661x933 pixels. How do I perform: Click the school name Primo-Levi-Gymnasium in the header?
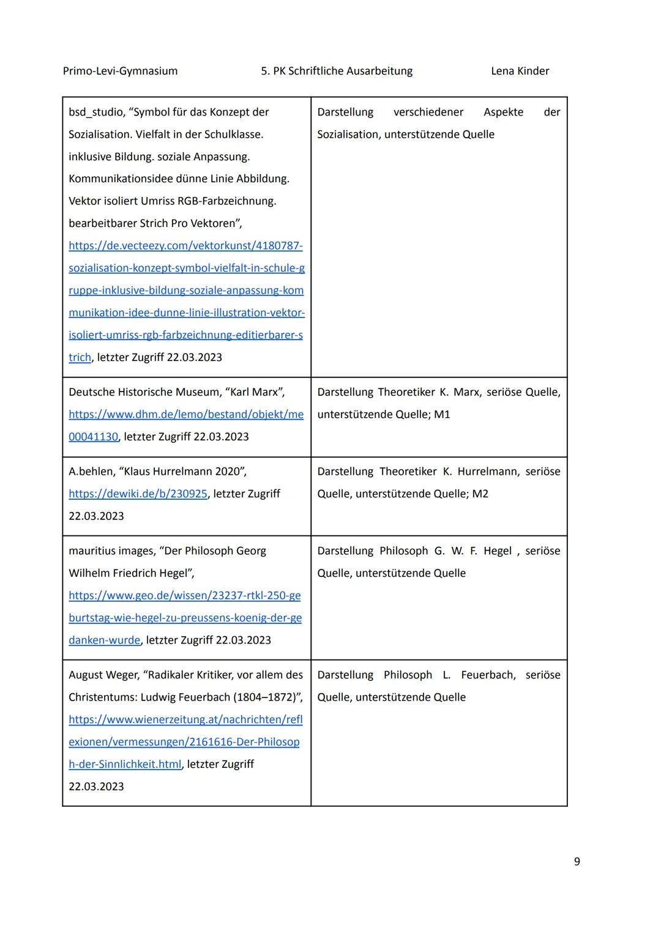120,71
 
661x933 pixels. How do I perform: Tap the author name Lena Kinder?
520,71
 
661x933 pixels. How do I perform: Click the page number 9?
577,861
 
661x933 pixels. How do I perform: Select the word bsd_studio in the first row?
96,112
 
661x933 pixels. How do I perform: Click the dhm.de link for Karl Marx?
186,414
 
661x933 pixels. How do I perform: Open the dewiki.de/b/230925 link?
138,494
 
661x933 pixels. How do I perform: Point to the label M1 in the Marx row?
442,414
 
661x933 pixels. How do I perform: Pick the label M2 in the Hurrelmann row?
480,494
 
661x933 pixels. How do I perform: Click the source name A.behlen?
91,472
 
